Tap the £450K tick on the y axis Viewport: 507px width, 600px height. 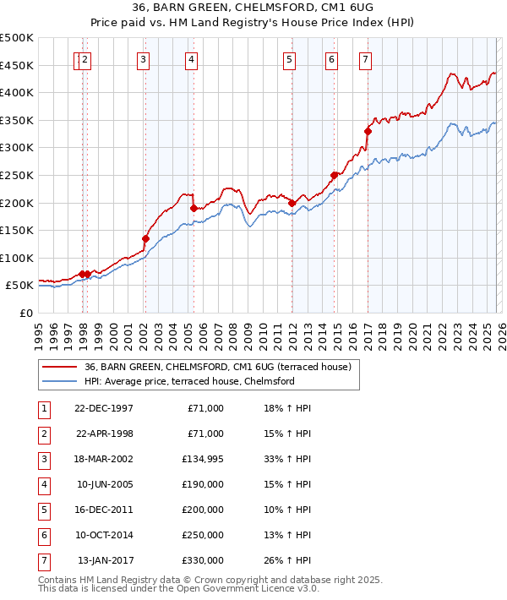[x=17, y=66]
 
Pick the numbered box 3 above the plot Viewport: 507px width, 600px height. [x=144, y=60]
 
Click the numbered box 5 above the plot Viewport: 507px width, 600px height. [x=290, y=60]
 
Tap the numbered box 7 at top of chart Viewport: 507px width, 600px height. [x=365, y=60]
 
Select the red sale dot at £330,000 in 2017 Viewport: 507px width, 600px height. [x=368, y=131]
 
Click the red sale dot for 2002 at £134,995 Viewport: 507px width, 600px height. [x=145, y=238]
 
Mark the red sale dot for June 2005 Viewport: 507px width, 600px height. [x=194, y=208]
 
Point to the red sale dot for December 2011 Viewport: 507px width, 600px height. [x=291, y=203]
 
